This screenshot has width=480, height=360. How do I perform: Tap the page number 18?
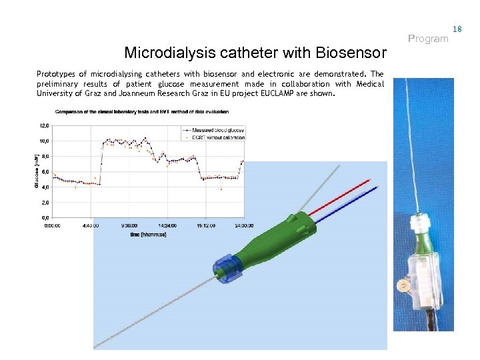(x=457, y=29)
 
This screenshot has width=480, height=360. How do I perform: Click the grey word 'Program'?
(x=428, y=39)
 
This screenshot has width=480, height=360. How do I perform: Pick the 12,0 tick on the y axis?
(x=45, y=125)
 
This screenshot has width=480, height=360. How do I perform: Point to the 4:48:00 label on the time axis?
(x=91, y=225)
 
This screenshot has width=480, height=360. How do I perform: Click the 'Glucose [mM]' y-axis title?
(x=36, y=171)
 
